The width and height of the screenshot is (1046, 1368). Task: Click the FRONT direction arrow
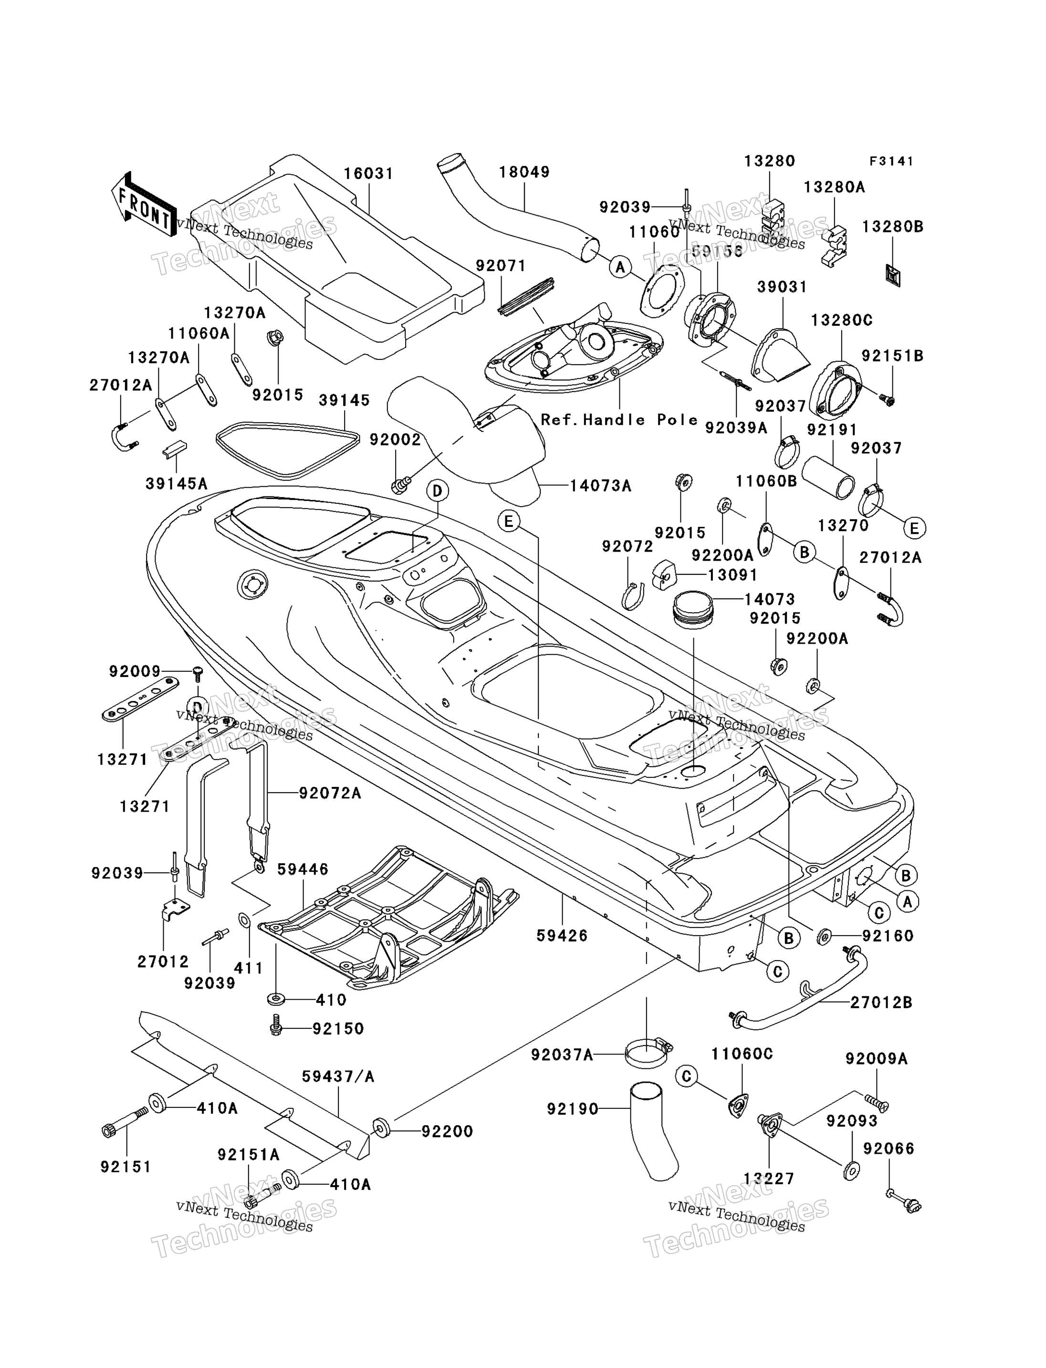(143, 204)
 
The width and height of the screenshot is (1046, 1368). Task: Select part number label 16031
(368, 173)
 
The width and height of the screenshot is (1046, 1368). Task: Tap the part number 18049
(524, 172)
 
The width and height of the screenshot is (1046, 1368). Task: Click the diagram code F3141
(891, 161)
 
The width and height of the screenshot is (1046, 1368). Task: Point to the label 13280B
(893, 227)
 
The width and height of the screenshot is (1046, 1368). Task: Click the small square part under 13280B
(893, 275)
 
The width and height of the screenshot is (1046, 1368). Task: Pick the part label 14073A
(600, 485)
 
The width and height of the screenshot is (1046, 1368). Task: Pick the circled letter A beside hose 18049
(619, 267)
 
